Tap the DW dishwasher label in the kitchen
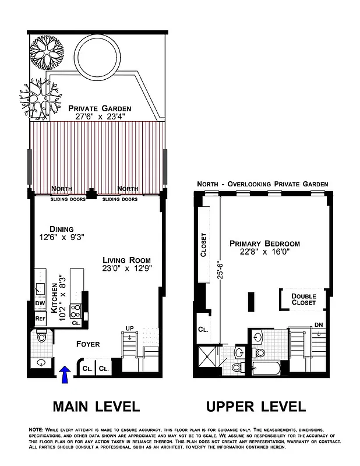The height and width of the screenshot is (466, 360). pyautogui.click(x=40, y=303)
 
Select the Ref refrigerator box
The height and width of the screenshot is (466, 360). pyautogui.click(x=40, y=319)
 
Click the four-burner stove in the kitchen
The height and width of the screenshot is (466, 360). pyautogui.click(x=76, y=309)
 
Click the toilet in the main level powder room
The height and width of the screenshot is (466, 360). pyautogui.click(x=41, y=337)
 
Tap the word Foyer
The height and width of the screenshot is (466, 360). pyautogui.click(x=88, y=344)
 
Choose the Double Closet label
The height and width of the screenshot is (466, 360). pyautogui.click(x=303, y=299)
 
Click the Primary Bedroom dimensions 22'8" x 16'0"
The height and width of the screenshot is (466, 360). pyautogui.click(x=264, y=253)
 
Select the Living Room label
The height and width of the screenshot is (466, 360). pyautogui.click(x=127, y=260)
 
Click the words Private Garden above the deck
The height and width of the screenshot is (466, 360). pyautogui.click(x=99, y=108)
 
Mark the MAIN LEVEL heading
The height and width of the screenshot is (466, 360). pyautogui.click(x=97, y=406)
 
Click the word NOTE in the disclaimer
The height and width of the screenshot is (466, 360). pyautogui.click(x=36, y=429)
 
